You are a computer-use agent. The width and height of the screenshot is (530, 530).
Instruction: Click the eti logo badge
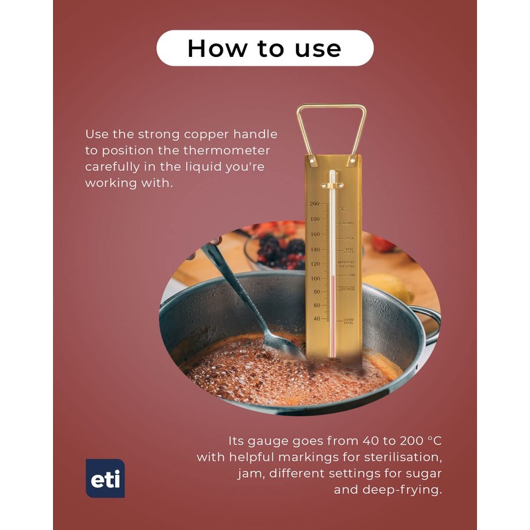pyautogui.click(x=105, y=478)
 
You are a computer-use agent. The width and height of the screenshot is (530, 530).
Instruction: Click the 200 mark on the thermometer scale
pyautogui.click(x=315, y=204)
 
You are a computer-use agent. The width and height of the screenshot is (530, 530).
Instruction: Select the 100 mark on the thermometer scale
pyautogui.click(x=315, y=278)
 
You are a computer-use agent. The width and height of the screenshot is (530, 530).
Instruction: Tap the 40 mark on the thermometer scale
pyautogui.click(x=316, y=319)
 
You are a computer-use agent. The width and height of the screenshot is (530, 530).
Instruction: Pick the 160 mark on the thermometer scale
pyautogui.click(x=315, y=234)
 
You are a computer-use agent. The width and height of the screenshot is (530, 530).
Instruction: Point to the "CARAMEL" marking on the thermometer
pyautogui.click(x=347, y=223)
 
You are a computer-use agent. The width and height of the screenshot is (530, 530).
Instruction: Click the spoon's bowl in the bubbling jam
pyautogui.click(x=284, y=345)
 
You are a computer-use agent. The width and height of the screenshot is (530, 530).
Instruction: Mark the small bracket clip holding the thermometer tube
pyautogui.click(x=333, y=181)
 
